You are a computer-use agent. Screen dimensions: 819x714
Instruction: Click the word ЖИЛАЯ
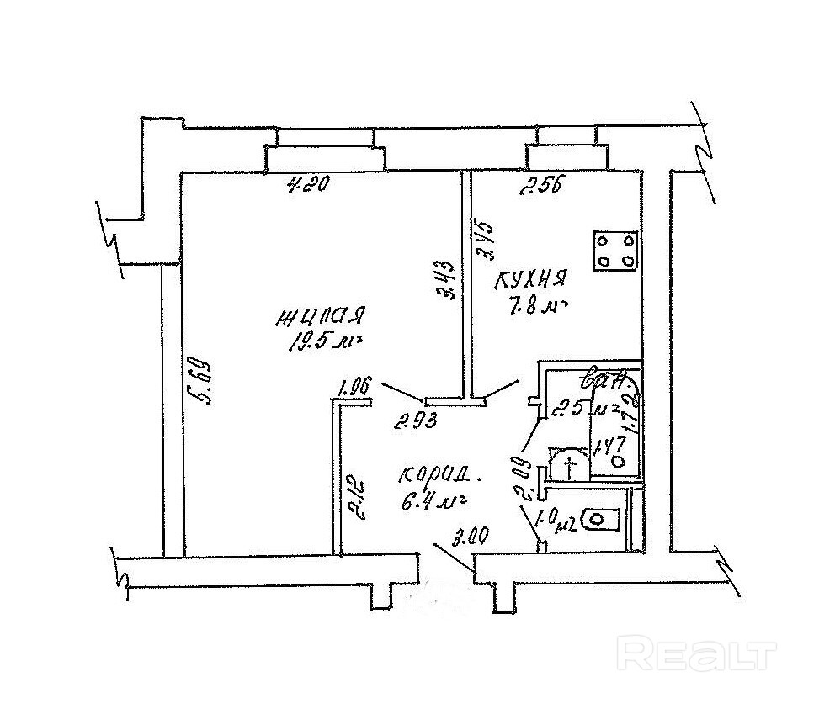pos(320,316)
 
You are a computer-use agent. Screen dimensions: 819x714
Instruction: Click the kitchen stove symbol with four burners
pos(615,250)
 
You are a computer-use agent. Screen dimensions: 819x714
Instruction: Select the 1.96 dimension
pos(354,389)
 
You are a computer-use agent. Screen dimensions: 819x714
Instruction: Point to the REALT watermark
pos(695,653)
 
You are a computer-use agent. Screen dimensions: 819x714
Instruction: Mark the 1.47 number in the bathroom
pos(607,444)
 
